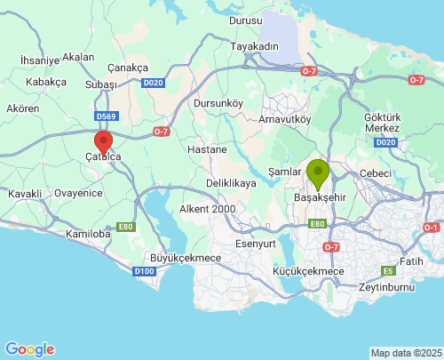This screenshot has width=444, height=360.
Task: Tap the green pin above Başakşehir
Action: coord(318,172)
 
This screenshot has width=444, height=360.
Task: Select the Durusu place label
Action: coord(246,20)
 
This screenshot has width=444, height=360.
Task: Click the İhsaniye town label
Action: coord(39,60)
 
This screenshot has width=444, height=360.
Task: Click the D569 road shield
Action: coord(107,116)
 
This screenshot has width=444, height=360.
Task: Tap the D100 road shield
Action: coord(144,270)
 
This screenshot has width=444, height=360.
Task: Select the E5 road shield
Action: coord(388,270)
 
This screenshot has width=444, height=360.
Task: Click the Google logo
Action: coord(29,349)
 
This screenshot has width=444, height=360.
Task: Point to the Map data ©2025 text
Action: coord(406,354)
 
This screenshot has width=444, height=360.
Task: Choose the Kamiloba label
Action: coord(86,234)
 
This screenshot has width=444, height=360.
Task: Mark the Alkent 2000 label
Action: coord(207,209)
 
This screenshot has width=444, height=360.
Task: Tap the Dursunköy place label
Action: coord(218,103)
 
